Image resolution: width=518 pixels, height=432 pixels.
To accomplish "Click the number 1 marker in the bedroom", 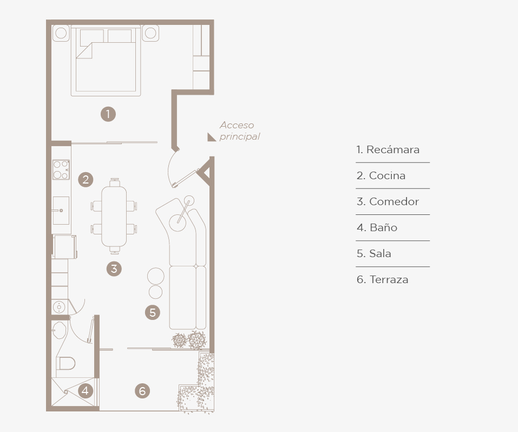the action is pyautogui.click(x=108, y=114).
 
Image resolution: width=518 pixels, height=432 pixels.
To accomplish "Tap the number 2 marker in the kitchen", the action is pyautogui.click(x=86, y=180).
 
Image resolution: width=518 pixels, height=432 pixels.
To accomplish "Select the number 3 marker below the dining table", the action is pyautogui.click(x=114, y=269).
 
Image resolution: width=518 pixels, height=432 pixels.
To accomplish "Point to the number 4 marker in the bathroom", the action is pyautogui.click(x=85, y=391).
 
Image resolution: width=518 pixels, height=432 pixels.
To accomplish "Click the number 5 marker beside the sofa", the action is pyautogui.click(x=153, y=312).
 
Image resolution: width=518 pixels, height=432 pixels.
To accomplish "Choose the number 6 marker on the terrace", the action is pyautogui.click(x=142, y=391).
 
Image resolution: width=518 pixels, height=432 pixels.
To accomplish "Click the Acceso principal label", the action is pyautogui.click(x=240, y=130).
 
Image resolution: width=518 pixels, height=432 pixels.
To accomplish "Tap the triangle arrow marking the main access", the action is pyautogui.click(x=211, y=138).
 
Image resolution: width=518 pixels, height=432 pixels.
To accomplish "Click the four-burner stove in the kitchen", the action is pyautogui.click(x=61, y=169).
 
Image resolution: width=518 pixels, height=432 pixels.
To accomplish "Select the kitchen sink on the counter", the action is pyautogui.click(x=61, y=211).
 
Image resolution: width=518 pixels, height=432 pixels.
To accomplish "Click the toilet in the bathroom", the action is pyautogui.click(x=67, y=364).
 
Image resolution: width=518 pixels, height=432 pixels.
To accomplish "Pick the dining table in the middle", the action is pyautogui.click(x=114, y=216).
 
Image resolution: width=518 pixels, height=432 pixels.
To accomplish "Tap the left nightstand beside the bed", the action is pyautogui.click(x=61, y=33).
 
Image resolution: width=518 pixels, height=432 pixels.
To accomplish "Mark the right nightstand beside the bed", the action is pyautogui.click(x=150, y=33).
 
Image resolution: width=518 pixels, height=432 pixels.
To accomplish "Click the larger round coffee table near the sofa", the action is pyautogui.click(x=155, y=276).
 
